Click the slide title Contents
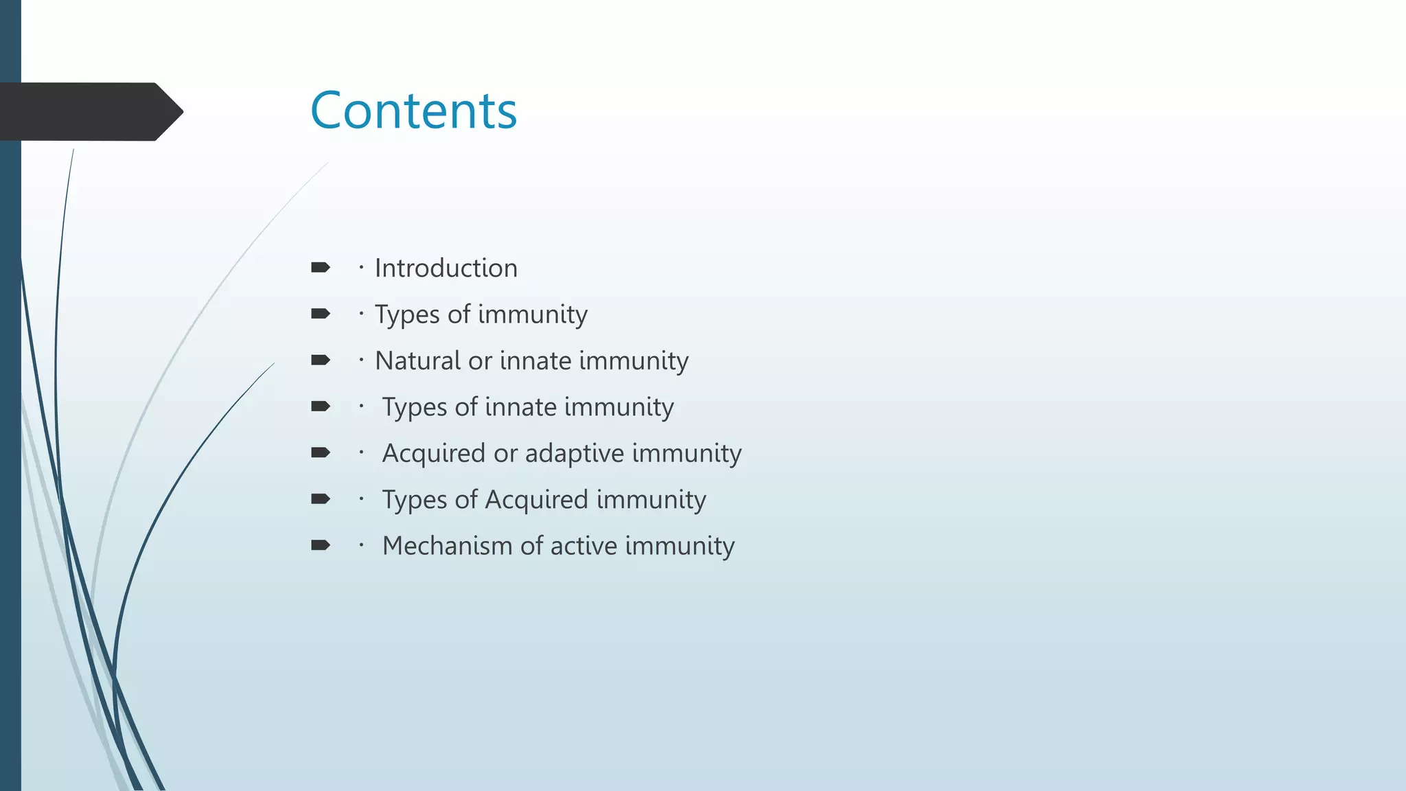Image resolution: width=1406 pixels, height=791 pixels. [413, 111]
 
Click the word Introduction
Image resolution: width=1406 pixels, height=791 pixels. [446, 268]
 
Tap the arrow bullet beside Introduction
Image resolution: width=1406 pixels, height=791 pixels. [320, 267]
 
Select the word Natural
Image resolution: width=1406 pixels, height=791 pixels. [417, 360]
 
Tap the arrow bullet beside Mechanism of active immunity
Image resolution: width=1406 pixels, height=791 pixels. [320, 545]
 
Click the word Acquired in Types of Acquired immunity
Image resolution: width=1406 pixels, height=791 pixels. [536, 499]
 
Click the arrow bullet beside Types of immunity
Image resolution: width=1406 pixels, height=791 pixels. [320, 314]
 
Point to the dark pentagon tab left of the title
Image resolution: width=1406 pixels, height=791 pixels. [89, 111]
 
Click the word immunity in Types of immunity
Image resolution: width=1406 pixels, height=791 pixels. [533, 314]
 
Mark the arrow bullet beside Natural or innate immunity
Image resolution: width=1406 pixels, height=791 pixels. [320, 360]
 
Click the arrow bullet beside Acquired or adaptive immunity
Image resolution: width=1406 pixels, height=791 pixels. [320, 452]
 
